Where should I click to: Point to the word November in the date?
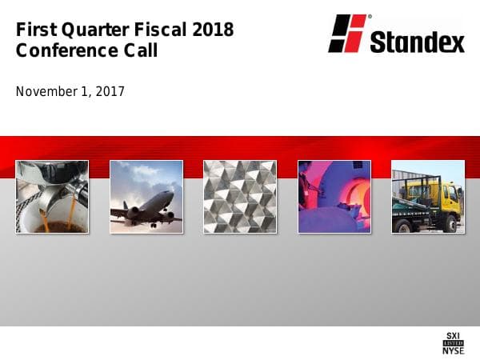click(x=46, y=91)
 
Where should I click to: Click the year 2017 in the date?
click(x=110, y=91)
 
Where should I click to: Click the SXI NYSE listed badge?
click(x=453, y=342)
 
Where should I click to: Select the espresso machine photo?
click(x=52, y=196)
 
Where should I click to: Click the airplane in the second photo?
click(x=148, y=206)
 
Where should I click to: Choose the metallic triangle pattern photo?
click(x=240, y=196)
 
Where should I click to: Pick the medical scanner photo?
click(x=334, y=196)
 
